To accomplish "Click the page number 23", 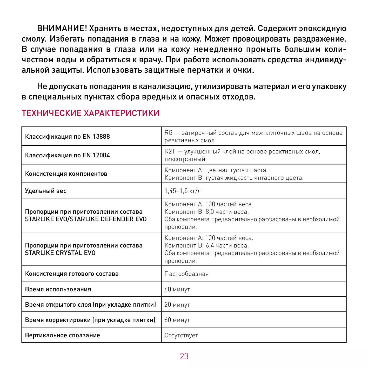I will (184, 356).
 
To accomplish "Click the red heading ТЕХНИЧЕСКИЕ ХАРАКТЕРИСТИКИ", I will (90, 113).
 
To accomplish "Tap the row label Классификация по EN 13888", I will (67, 137).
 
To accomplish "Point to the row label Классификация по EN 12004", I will (67, 155).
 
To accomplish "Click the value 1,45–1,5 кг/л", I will (183, 191).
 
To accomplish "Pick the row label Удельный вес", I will (46, 191).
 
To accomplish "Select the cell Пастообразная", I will (186, 274).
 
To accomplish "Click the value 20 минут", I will (177, 305).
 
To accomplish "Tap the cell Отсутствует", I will (181, 335).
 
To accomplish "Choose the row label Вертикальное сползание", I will (62, 335).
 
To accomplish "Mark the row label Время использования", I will (58, 289).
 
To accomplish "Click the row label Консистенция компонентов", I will (66, 174).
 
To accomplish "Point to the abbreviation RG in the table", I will (168, 133).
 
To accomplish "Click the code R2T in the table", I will (170, 151).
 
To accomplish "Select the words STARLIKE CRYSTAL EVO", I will (60, 253).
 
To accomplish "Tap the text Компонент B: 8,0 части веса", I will (206, 212).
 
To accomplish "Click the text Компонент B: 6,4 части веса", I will (206, 245).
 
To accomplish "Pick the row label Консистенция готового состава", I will (72, 274).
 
